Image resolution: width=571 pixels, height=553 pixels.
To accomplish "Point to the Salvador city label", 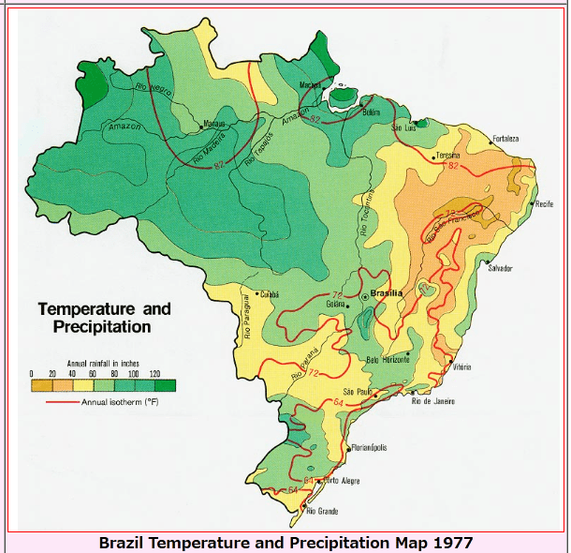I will (500, 268).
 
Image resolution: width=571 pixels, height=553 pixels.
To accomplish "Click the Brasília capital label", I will (387, 293).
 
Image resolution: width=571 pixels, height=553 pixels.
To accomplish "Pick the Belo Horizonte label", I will (388, 359).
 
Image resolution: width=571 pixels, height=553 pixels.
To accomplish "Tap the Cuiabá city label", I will (270, 293).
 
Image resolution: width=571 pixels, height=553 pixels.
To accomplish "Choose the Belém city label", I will (373, 112).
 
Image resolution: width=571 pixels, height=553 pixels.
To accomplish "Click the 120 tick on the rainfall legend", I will (154, 374).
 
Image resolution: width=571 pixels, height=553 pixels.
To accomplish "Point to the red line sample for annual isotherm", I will (62, 402).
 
